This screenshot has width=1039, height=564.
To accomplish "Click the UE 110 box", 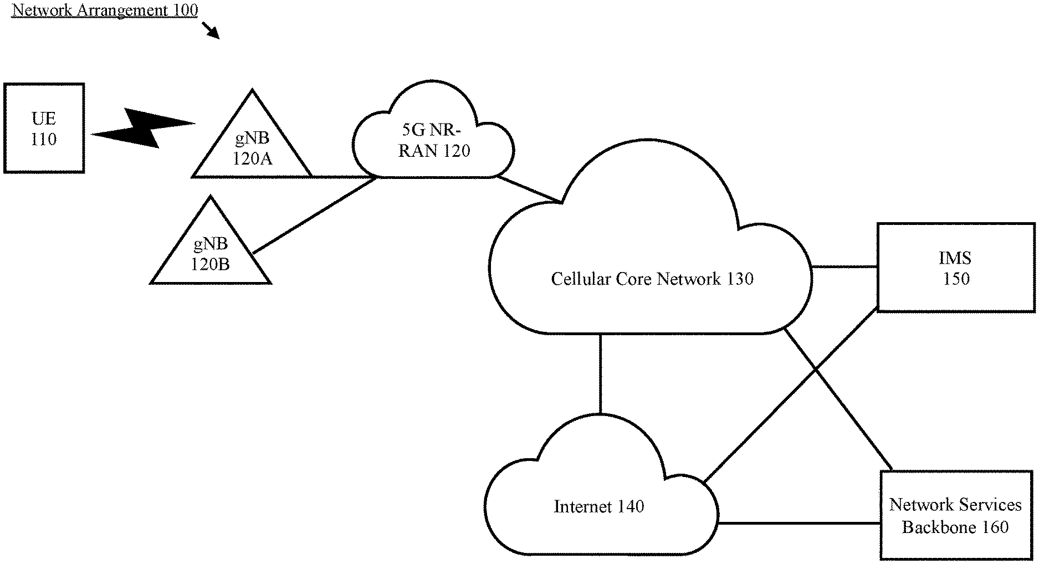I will [44, 128].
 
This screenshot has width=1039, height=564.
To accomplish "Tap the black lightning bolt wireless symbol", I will [143, 128].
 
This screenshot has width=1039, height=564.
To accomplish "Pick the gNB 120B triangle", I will [211, 252].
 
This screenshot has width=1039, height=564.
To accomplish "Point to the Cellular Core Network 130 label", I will [652, 279].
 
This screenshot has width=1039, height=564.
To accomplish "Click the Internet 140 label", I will [598, 506].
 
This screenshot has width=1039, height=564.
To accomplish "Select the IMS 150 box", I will [955, 268].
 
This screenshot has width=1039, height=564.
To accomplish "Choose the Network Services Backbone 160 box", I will [955, 515].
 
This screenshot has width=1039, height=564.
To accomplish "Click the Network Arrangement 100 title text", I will [105, 10].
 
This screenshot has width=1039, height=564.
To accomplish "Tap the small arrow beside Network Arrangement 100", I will [211, 30].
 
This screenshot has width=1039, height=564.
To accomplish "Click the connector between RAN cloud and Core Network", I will [529, 189].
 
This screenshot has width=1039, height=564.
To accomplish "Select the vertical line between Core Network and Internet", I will [600, 373].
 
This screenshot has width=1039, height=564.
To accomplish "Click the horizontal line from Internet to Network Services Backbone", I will [799, 522].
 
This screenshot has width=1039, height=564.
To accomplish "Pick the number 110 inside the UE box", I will [44, 139].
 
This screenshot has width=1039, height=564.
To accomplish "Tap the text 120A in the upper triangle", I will [252, 160].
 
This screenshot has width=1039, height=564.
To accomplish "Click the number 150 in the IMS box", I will [956, 279].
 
